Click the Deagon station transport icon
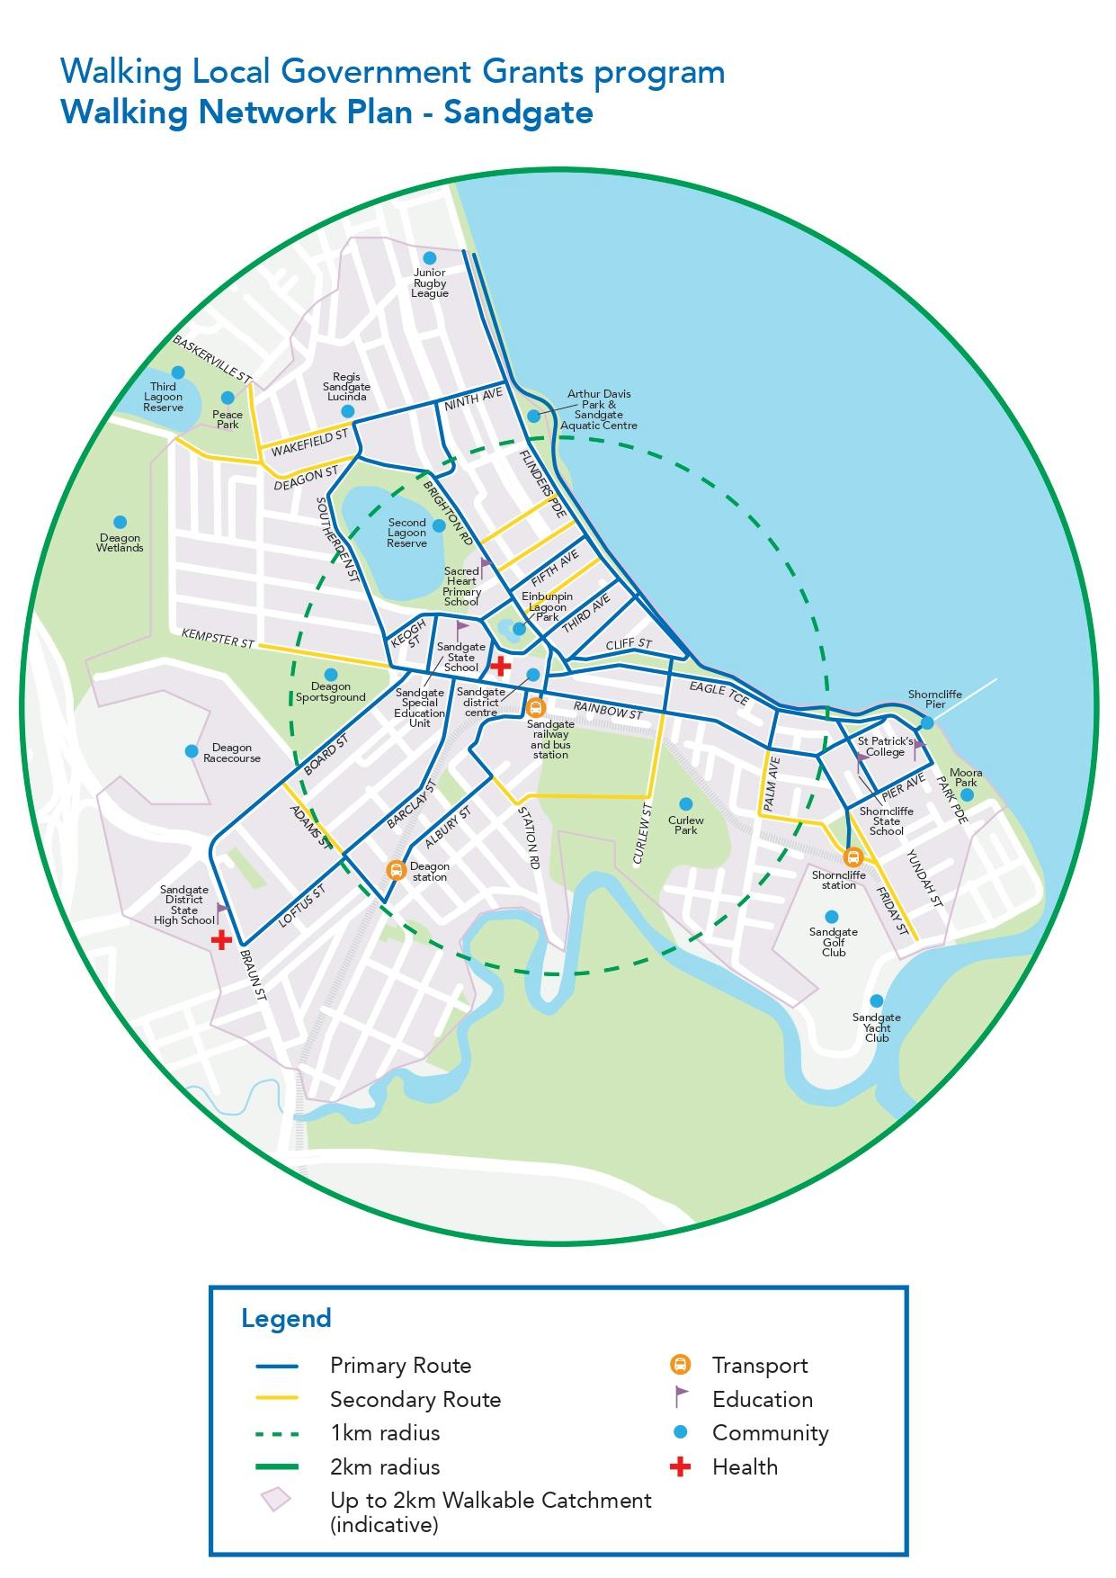point(395,870)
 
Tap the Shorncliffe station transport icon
point(852,856)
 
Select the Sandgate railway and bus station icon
point(536,707)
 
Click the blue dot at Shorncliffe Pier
point(927,722)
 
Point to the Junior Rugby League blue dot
point(430,258)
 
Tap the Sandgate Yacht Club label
point(876,1027)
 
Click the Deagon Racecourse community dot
point(191,751)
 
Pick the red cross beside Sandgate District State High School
point(221,940)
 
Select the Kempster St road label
point(218,638)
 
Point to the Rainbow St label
point(608,710)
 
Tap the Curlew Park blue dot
point(685,803)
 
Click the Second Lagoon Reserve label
point(406,533)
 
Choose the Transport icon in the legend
point(681,1365)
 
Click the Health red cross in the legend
point(681,1467)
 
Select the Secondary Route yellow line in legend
point(276,1399)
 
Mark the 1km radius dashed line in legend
point(276,1433)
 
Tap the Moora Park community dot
point(967,795)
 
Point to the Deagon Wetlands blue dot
point(120,522)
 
